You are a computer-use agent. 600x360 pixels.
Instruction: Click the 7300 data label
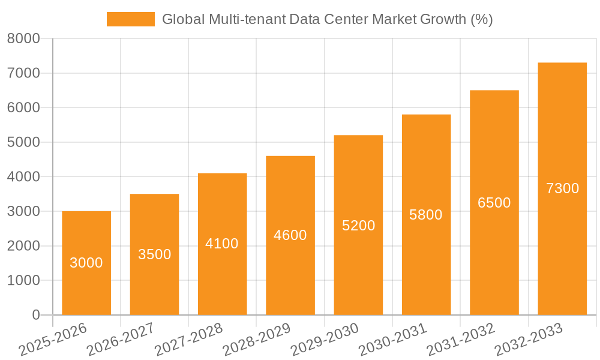pyautogui.click(x=563, y=188)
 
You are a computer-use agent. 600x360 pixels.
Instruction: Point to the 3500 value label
pyautogui.click(x=155, y=254)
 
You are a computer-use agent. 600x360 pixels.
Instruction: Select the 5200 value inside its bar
pyautogui.click(x=358, y=226)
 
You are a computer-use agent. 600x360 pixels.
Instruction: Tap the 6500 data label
pyautogui.click(x=494, y=203)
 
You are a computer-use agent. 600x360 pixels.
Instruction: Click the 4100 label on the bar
pyautogui.click(x=222, y=244)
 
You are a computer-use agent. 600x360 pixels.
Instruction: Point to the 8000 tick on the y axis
pyautogui.click(x=23, y=39)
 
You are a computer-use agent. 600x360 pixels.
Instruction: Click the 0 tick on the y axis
pyautogui.click(x=35, y=315)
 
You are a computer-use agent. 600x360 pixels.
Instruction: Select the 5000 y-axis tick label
pyautogui.click(x=23, y=143)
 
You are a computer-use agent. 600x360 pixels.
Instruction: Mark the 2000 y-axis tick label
pyautogui.click(x=23, y=246)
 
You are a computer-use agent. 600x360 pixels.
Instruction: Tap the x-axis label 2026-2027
pyautogui.click(x=120, y=339)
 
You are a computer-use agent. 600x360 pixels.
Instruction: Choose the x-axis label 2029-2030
pyautogui.click(x=324, y=339)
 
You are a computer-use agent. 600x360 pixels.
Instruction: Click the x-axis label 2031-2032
pyautogui.click(x=460, y=339)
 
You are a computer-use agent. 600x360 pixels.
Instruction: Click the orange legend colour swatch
pyautogui.click(x=130, y=19)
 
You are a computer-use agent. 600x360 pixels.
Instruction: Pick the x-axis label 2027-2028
pyautogui.click(x=188, y=339)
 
